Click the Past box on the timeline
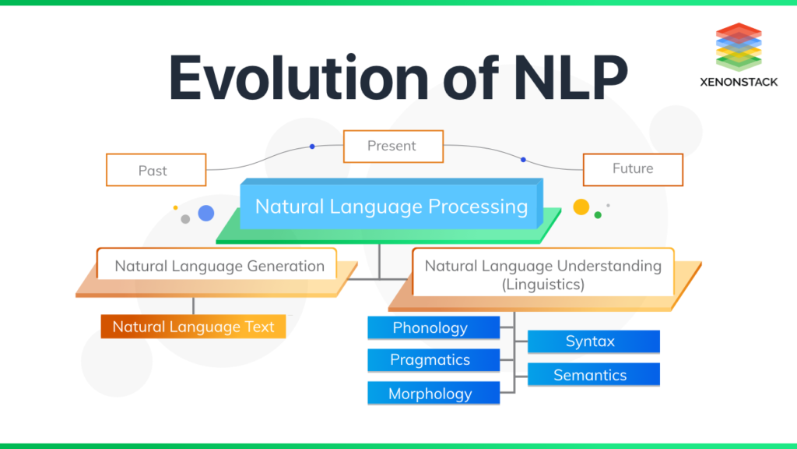click(x=156, y=170)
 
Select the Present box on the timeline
click(x=393, y=146)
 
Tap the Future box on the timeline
click(x=633, y=168)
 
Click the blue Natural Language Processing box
click(x=391, y=207)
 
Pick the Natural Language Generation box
click(x=219, y=266)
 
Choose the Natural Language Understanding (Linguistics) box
click(x=542, y=274)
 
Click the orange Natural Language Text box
click(x=193, y=327)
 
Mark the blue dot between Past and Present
click(x=312, y=146)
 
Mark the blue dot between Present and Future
click(x=523, y=159)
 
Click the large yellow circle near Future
click(x=581, y=207)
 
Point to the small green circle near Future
click(x=598, y=214)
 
